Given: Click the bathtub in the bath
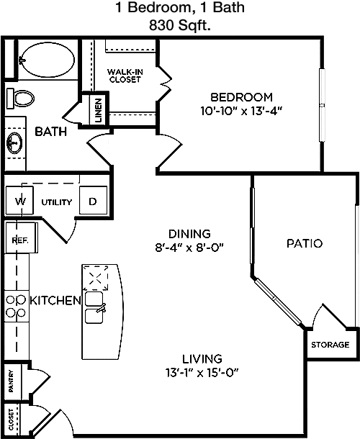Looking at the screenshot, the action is (x=48, y=59).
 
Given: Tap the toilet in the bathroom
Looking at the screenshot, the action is (x=20, y=99).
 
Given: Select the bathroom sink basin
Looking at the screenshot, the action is (x=14, y=143).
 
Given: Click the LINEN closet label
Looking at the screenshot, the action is (x=99, y=111).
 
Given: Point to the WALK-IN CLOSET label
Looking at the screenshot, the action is (x=125, y=76).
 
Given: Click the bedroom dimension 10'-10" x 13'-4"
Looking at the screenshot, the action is (x=241, y=111).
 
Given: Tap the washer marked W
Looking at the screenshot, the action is (x=19, y=201).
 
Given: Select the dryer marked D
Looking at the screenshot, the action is (x=94, y=201).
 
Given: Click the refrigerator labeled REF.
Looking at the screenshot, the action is (x=22, y=238).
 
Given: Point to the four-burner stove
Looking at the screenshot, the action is (x=17, y=306).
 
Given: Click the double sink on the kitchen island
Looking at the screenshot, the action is (x=94, y=307).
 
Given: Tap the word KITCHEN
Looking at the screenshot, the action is (x=55, y=300).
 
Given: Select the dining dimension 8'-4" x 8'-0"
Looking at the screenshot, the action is (x=189, y=248).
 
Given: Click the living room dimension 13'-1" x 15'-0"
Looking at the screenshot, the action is (x=202, y=373).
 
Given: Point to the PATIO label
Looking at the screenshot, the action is (x=305, y=243).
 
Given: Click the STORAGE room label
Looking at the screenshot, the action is (x=330, y=345).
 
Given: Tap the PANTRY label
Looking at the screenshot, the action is (x=11, y=381).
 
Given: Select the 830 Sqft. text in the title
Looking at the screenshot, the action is (x=180, y=25).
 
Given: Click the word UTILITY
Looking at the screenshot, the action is (x=57, y=202).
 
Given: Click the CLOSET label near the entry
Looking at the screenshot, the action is (x=11, y=420).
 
